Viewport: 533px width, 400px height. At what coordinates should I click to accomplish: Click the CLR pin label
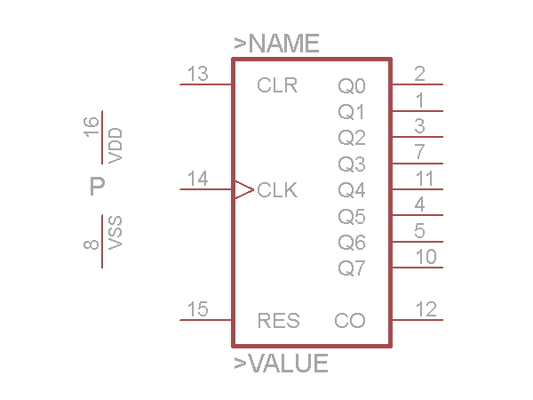[x=277, y=86]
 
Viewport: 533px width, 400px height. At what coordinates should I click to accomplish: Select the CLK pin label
[x=277, y=190]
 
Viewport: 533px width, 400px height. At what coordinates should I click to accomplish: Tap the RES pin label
[x=278, y=321]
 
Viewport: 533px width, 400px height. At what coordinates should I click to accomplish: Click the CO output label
[x=350, y=321]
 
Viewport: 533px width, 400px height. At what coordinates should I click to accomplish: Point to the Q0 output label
[x=351, y=86]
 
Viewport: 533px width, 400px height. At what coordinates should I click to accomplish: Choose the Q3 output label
[x=351, y=164]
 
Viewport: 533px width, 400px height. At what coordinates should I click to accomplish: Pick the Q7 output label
[x=351, y=268]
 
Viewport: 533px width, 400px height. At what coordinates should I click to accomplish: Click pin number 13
[x=198, y=74]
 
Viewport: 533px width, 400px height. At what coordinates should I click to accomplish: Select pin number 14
[x=198, y=179]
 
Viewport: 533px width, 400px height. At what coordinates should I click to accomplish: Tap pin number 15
[x=198, y=309]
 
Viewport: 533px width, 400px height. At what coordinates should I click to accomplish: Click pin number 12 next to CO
[x=426, y=309]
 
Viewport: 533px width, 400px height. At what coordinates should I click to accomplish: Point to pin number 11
[x=425, y=179]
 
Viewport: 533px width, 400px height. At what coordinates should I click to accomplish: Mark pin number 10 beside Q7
[x=426, y=257]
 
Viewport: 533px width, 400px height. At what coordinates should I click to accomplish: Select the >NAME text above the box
[x=276, y=44]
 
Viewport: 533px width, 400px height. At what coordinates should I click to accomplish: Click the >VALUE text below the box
[x=281, y=364]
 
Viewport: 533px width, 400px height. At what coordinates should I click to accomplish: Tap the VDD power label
[x=115, y=145]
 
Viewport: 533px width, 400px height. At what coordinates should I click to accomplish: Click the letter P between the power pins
[x=98, y=187]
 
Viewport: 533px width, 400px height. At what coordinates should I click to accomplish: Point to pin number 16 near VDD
[x=91, y=126]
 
